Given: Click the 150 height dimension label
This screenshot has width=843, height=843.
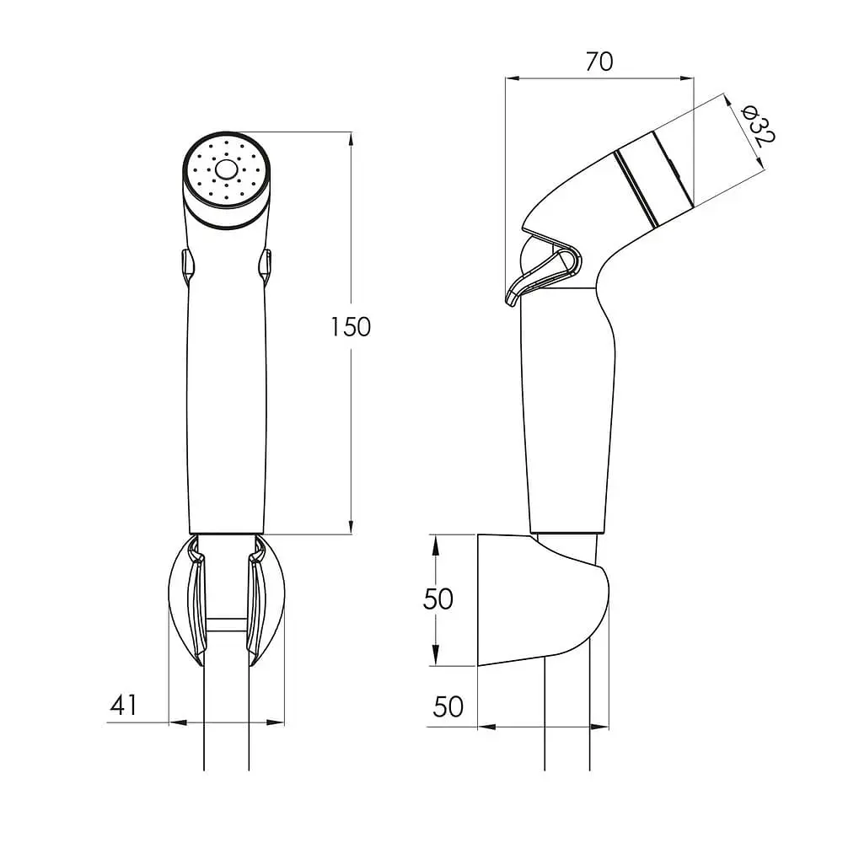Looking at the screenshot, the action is (351, 327).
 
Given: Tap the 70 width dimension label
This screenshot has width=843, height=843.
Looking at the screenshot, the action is (599, 62).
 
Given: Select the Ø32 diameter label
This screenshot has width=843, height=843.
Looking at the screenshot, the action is (758, 126).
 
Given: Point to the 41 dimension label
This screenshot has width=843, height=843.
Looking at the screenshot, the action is (124, 705).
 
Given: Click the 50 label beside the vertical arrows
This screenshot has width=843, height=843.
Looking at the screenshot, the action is (438, 599).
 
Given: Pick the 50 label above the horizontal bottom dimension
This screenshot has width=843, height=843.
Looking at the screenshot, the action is (448, 706).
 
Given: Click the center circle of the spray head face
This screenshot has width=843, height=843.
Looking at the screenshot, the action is (226, 170).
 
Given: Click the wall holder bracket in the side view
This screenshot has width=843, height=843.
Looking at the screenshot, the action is (543, 599).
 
